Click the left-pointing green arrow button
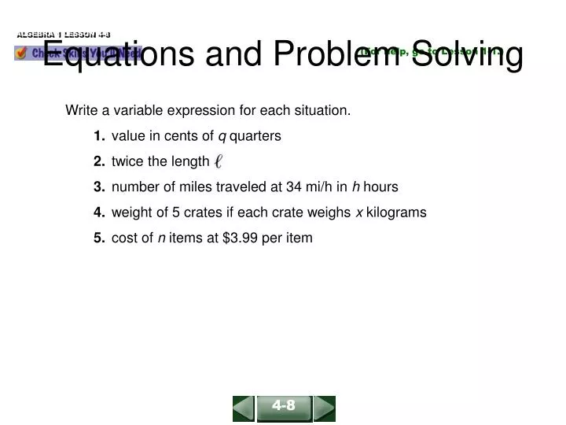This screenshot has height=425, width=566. [244, 408]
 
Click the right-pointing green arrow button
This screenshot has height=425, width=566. [325, 408]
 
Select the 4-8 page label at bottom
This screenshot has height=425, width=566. [284, 406]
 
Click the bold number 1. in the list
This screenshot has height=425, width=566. [99, 136]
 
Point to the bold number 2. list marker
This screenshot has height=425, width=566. [99, 161]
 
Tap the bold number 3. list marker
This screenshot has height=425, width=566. [99, 187]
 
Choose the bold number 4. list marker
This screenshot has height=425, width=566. [99, 212]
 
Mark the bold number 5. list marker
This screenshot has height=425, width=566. [99, 237]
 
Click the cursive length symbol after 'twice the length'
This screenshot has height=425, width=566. [219, 162]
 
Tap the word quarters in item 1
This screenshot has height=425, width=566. [255, 136]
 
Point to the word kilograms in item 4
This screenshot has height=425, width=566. [396, 212]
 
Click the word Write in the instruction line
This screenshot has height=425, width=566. [81, 110]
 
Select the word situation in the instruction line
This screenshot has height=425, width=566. [322, 110]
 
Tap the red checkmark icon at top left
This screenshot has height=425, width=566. [22, 53]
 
